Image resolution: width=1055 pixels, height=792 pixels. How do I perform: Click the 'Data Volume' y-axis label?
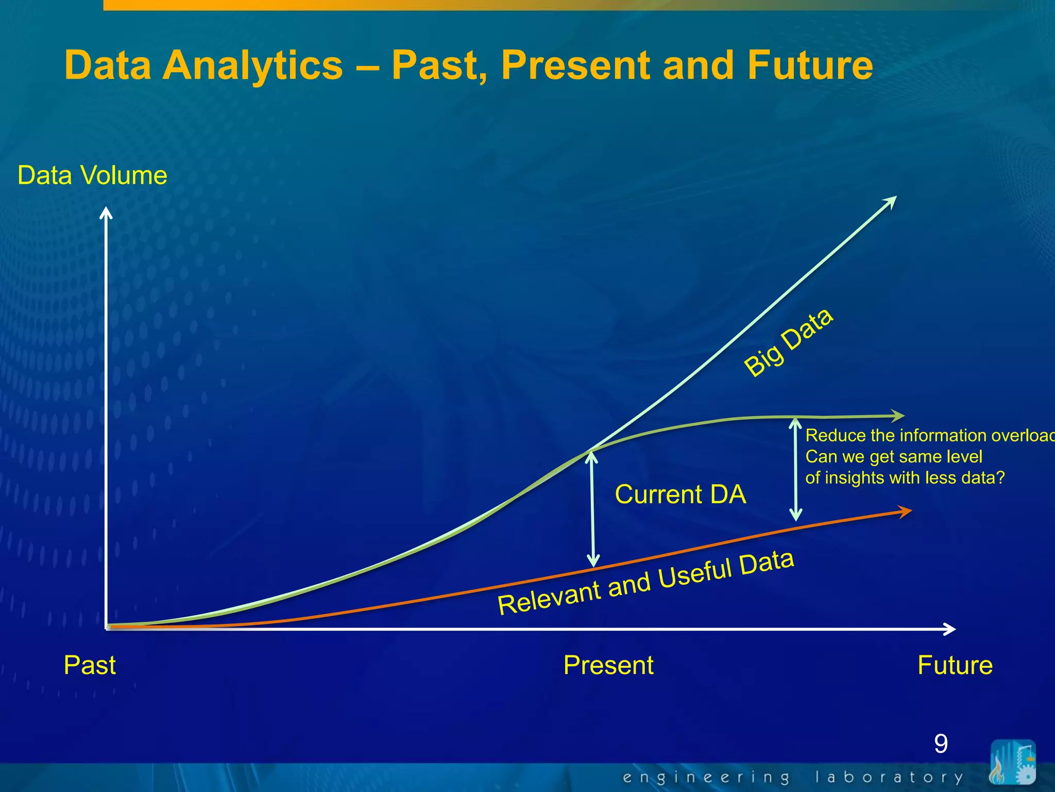click(92, 175)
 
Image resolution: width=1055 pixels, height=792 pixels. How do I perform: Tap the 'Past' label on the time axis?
click(90, 665)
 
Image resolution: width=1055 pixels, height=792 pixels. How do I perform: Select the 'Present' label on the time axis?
click(608, 665)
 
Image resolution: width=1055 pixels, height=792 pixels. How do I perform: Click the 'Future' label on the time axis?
click(955, 665)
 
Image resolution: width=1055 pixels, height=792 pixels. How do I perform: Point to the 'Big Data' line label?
click(788, 342)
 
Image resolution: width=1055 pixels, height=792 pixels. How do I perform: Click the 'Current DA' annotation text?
click(680, 494)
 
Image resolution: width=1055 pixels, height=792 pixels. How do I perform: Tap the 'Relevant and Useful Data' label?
click(645, 583)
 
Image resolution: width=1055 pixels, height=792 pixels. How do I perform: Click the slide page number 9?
click(941, 744)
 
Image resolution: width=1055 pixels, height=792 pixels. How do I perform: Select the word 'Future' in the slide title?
click(810, 65)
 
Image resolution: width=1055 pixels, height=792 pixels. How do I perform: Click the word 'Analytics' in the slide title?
click(252, 65)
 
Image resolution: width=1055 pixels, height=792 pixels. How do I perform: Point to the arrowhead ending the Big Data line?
click(891, 202)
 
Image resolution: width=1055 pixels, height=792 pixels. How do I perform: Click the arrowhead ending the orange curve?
click(905, 511)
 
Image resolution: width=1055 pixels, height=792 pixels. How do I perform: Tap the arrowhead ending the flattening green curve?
click(898, 415)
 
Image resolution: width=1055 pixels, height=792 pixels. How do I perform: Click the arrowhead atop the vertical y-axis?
click(106, 212)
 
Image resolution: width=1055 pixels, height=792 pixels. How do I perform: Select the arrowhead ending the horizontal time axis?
click(949, 629)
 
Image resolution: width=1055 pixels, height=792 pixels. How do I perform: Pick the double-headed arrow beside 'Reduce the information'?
click(796, 469)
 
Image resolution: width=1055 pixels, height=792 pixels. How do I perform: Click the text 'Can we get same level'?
click(894, 457)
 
